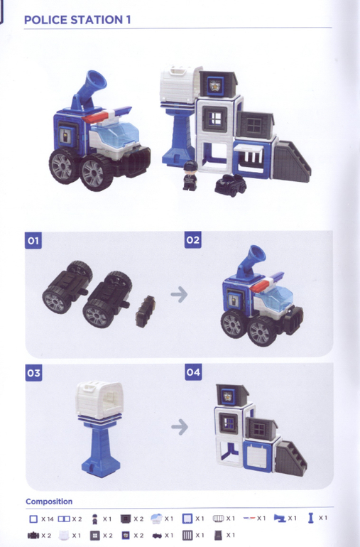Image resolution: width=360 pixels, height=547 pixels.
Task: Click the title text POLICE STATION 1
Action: tap(77, 20)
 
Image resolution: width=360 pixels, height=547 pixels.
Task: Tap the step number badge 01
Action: tap(33, 240)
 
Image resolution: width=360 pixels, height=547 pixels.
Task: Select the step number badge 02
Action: tap(193, 240)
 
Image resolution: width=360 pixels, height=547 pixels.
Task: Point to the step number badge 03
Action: tap(33, 373)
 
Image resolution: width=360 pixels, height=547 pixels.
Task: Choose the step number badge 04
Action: tap(193, 372)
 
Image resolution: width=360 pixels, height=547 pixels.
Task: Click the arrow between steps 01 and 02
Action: tap(180, 294)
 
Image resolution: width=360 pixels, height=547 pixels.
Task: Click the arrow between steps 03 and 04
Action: tap(180, 427)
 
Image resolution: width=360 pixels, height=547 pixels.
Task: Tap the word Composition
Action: tap(49, 502)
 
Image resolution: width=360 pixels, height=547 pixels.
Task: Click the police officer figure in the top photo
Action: tap(190, 175)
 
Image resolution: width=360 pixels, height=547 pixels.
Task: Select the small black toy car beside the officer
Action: tap(230, 185)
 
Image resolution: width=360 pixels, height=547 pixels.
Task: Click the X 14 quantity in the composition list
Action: tap(48, 519)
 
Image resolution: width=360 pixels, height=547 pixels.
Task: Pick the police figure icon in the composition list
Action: tap(94, 519)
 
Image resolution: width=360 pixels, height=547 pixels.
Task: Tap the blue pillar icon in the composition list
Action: tap(310, 518)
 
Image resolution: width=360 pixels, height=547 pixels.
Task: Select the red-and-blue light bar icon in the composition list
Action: tap(249, 518)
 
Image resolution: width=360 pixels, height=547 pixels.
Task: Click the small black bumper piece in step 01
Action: tap(146, 311)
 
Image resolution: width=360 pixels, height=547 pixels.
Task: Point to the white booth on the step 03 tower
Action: tap(100, 399)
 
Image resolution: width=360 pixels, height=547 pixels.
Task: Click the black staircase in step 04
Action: tap(291, 458)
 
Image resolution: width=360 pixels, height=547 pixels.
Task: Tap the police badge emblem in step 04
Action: tap(228, 396)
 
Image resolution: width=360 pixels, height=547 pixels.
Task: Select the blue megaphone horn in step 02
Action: tap(252, 261)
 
